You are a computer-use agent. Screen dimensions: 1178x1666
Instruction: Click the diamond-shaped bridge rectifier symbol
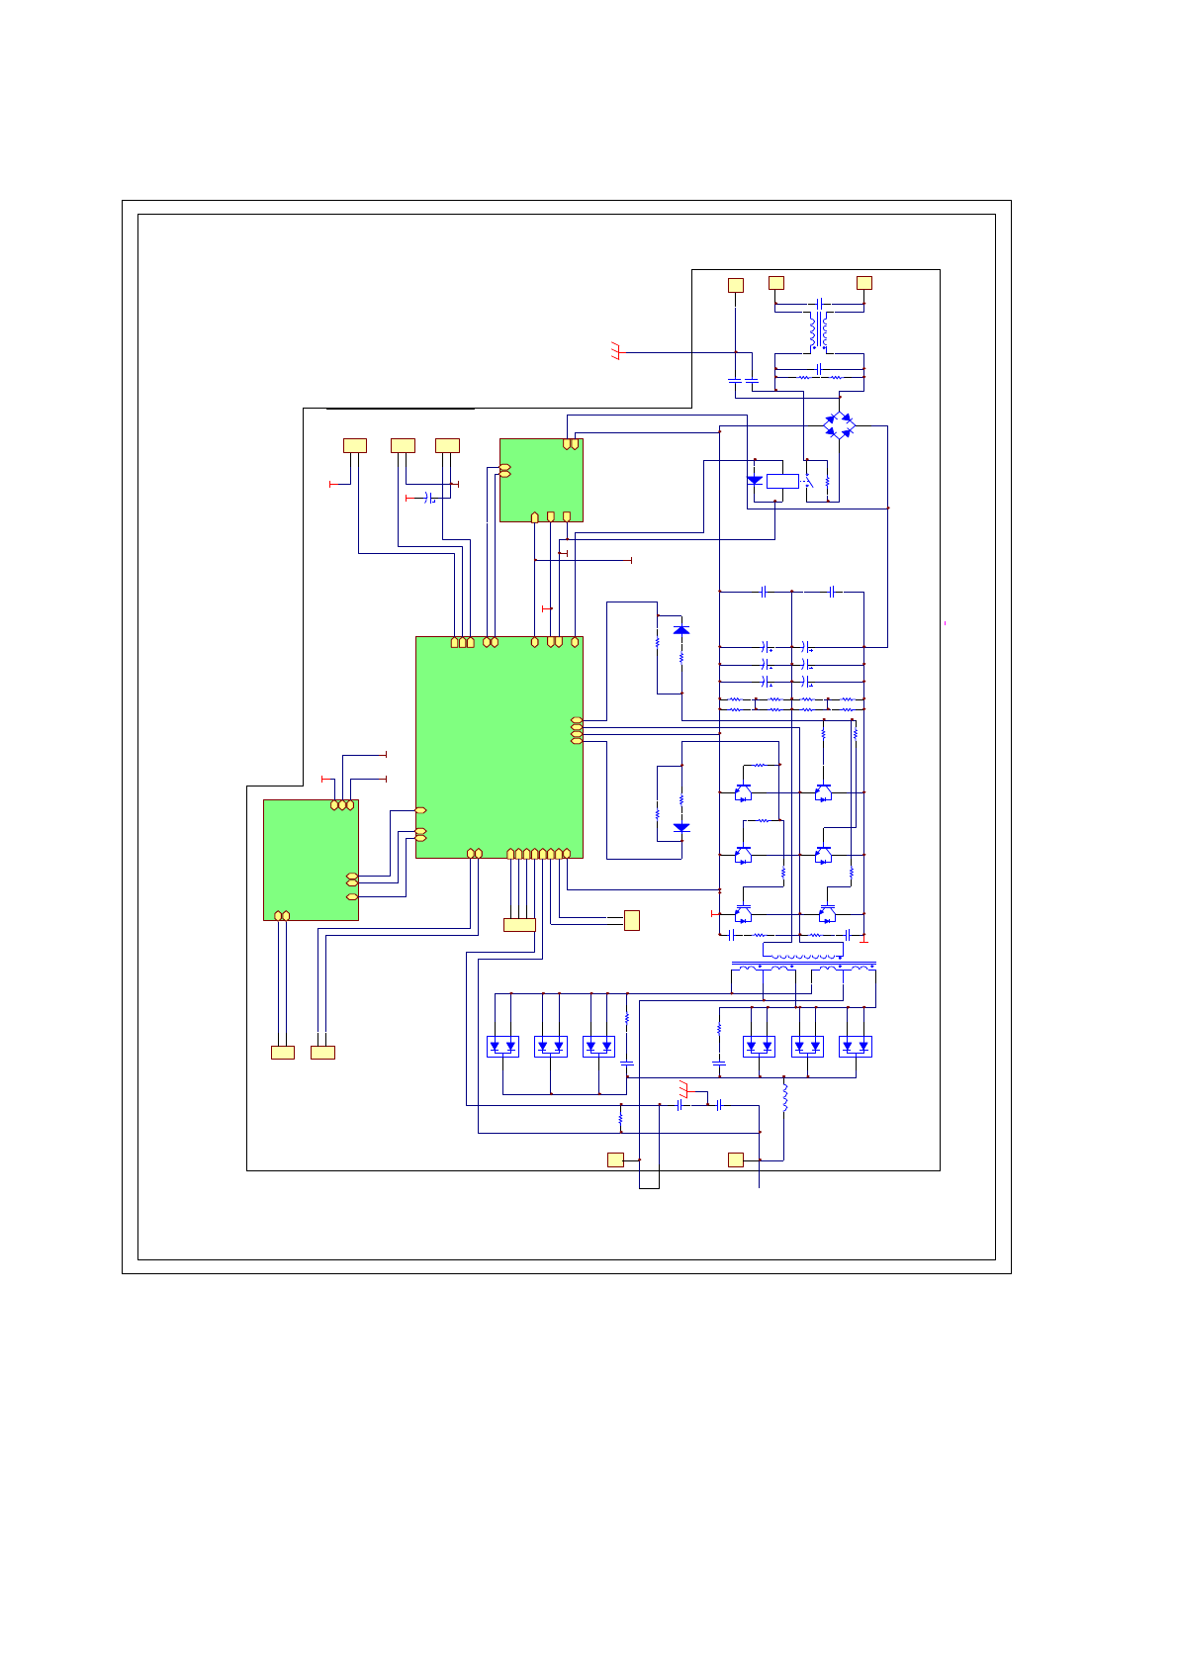point(839,425)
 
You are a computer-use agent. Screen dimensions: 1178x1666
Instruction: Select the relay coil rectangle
point(782,481)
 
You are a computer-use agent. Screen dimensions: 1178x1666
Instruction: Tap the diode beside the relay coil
point(755,480)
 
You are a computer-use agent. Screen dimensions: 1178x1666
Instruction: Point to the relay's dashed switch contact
point(809,482)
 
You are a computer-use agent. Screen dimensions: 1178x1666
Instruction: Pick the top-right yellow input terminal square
point(863,283)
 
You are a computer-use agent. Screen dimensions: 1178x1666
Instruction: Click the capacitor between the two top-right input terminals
point(820,303)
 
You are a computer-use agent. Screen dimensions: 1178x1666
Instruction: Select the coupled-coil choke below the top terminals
point(819,331)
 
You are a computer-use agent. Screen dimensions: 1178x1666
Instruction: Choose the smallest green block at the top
point(541,480)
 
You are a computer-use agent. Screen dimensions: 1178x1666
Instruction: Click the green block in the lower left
point(311,860)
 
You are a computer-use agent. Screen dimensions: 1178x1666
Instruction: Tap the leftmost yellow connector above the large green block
point(354,445)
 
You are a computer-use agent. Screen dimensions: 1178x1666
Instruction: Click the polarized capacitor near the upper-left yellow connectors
point(429,497)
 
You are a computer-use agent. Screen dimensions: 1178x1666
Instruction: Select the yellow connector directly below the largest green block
point(519,925)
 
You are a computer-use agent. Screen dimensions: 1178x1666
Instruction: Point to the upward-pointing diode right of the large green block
point(680,629)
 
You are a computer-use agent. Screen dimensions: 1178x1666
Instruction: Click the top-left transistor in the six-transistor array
point(743,792)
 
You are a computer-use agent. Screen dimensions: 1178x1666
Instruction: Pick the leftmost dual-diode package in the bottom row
point(502,1046)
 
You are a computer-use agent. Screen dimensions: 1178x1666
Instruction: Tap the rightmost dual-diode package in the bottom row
point(856,1046)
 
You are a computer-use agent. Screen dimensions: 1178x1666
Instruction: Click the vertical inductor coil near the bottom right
point(785,1098)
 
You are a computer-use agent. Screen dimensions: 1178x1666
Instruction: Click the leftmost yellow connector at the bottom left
point(283,1053)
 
